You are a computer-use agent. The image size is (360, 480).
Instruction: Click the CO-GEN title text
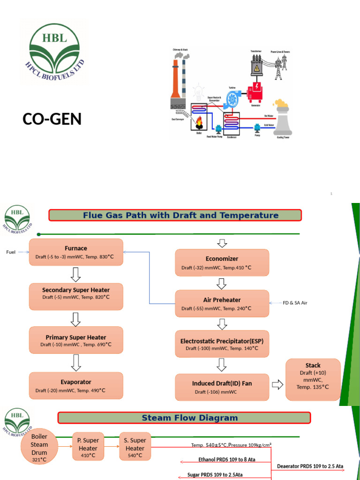[x=52, y=120]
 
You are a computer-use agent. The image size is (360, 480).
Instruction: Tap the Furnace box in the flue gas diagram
[x=76, y=252]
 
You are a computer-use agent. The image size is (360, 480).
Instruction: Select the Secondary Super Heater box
[x=76, y=293]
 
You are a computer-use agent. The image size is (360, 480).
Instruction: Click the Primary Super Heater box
[x=76, y=340]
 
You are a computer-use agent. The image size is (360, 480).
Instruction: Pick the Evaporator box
[x=76, y=386]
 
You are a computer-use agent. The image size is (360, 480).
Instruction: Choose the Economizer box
[x=222, y=262]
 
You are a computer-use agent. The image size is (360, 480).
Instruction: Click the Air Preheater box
[x=222, y=303]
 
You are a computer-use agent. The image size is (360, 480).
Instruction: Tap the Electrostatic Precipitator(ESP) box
[x=222, y=344]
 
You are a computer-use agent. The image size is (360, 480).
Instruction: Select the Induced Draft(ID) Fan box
[x=222, y=387]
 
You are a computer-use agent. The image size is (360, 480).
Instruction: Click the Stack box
[x=313, y=380]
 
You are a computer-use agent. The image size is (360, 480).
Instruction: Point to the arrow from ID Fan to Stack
[x=277, y=385]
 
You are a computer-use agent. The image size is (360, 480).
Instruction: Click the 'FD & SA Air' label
[x=295, y=303]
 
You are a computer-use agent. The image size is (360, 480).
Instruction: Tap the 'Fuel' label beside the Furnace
[x=11, y=252]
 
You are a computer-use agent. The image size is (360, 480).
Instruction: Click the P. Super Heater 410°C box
[x=88, y=447]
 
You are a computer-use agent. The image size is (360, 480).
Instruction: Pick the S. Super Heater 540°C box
[x=135, y=447]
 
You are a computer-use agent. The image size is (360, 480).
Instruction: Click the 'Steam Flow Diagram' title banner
[x=184, y=418]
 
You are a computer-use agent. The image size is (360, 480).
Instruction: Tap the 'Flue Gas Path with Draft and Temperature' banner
[x=175, y=216]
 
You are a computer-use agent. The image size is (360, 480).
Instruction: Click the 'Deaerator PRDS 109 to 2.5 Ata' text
[x=310, y=466]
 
